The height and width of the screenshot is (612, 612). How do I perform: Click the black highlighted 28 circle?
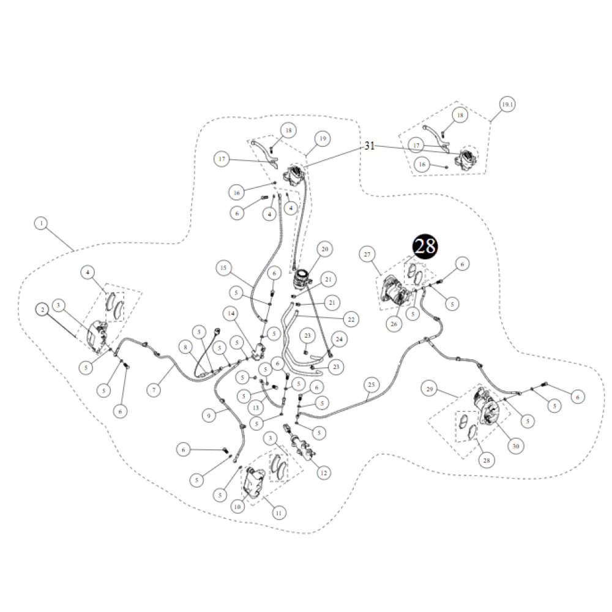pos(425,247)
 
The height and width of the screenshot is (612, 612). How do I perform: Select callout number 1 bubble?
pos(41,225)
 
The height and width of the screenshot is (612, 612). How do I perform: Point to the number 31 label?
pos(369,146)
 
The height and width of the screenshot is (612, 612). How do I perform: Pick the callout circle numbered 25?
pos(370,385)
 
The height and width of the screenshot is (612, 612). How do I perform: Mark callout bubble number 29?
pos(430,389)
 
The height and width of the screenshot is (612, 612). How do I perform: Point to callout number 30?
pos(515,446)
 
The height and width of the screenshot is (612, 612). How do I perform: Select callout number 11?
pos(279,512)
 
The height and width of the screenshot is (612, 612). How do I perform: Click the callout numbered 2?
pos(42,310)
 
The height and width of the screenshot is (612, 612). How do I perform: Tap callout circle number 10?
pos(237,507)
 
